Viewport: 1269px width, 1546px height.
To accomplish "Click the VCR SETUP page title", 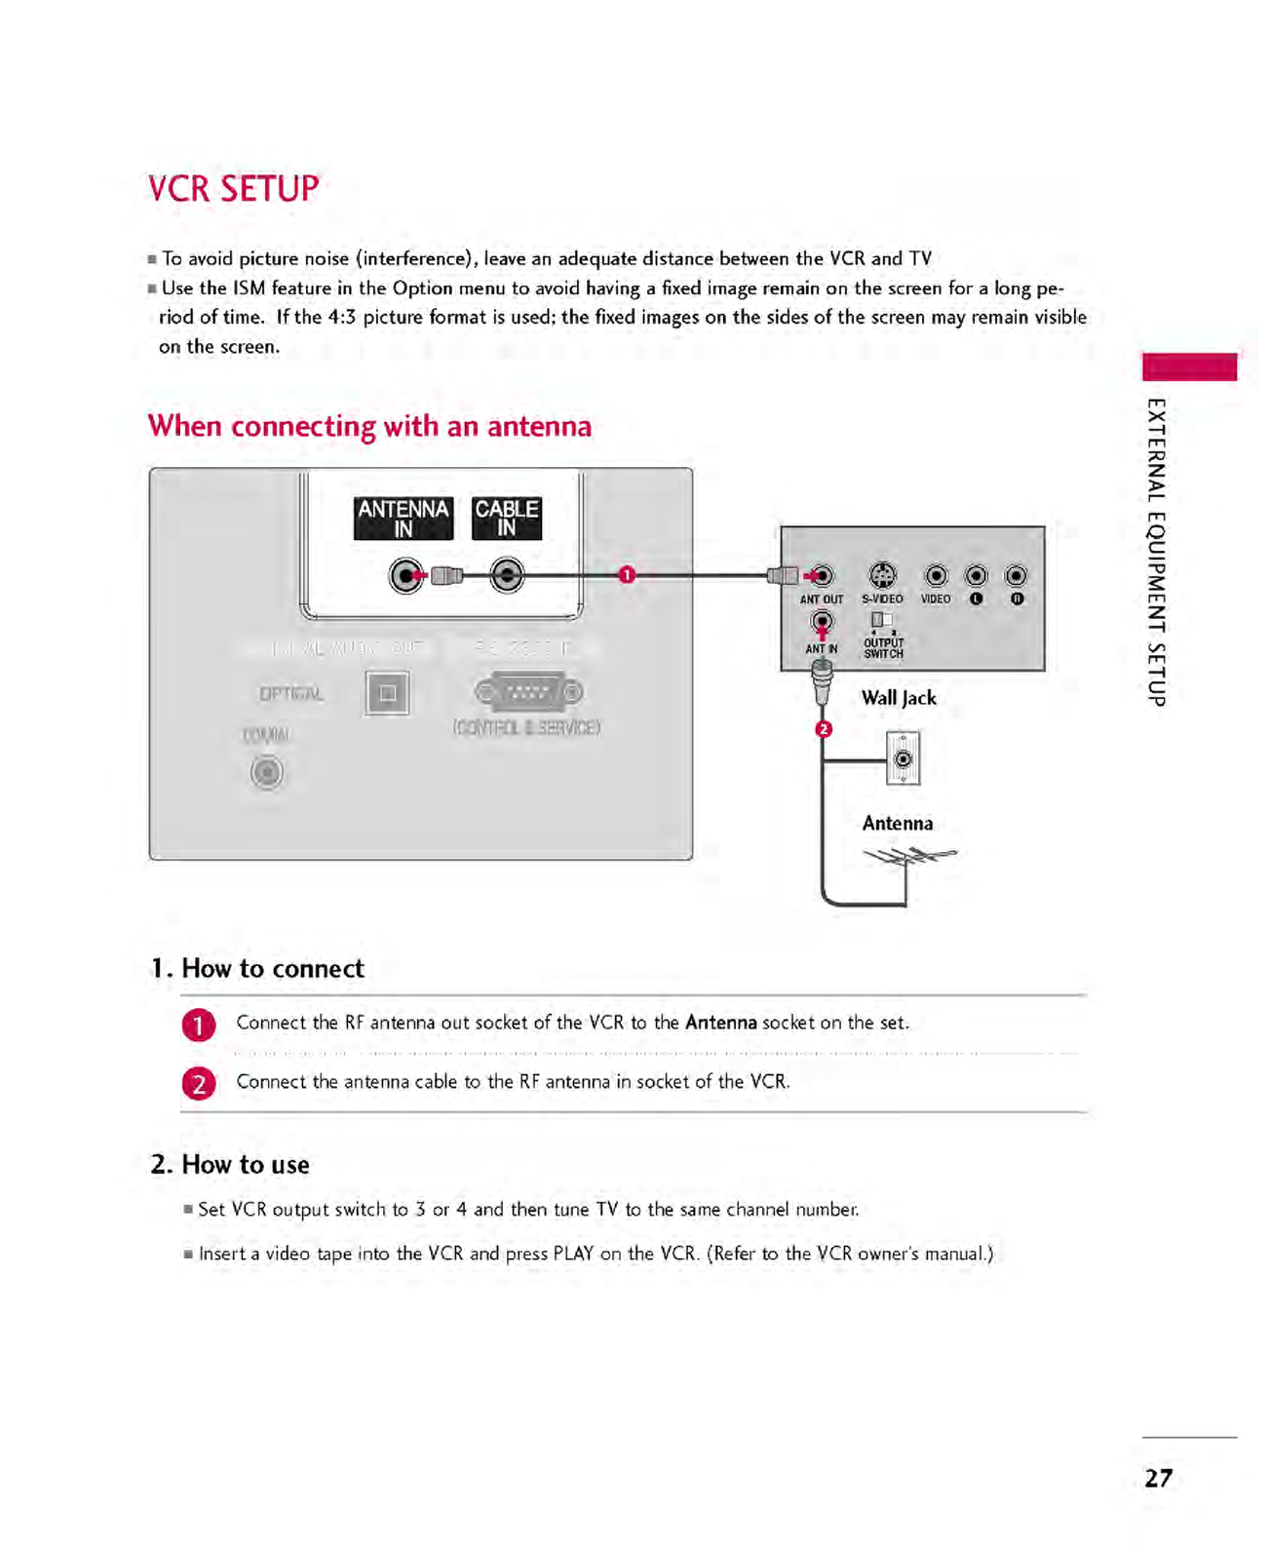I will [233, 188].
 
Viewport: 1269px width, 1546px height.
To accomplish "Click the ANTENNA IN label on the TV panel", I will [404, 518].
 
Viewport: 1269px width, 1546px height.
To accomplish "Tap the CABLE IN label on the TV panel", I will [506, 518].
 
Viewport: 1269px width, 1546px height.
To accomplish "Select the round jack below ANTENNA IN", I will [405, 576].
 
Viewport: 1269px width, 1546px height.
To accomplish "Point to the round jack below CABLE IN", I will [507, 576].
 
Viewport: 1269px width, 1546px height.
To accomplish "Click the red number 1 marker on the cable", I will [627, 575].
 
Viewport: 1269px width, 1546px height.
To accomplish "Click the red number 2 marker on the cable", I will [824, 729].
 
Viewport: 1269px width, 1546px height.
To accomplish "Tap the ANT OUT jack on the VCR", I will [823, 576].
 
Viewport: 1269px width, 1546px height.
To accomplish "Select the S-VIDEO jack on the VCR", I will [882, 575].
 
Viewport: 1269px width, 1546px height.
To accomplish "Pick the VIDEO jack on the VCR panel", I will [936, 576].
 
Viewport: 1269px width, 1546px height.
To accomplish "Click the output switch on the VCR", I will [881, 619].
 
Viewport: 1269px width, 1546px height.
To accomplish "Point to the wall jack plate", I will [904, 758].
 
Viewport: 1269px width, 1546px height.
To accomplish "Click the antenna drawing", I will [909, 858].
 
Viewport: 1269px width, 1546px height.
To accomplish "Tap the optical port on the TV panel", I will [387, 693].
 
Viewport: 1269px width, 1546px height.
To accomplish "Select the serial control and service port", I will [529, 692].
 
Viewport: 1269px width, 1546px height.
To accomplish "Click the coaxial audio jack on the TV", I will [267, 773].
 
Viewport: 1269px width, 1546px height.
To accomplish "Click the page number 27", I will [1158, 1478].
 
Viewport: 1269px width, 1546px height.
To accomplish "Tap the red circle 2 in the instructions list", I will [199, 1083].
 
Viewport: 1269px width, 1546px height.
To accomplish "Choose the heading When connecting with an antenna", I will [369, 426].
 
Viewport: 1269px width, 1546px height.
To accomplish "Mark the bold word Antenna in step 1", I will [720, 1023].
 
